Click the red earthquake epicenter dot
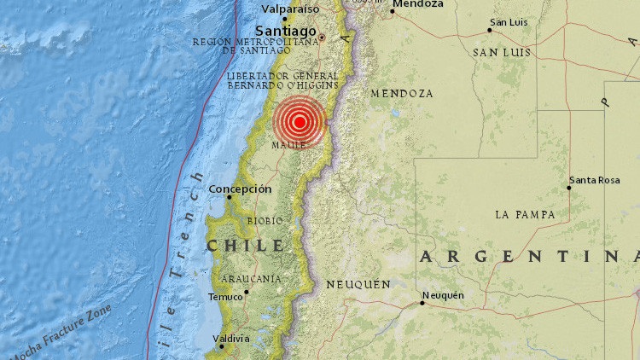pos(300,121)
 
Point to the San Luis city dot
pos(489,30)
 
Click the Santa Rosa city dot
pos(569,188)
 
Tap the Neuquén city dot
pos(422,302)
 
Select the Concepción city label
pos(240,189)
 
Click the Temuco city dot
pos(247,292)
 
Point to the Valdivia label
pos(230,339)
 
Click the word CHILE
pos(244,246)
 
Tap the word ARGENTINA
pos(529,256)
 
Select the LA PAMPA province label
pos(525,212)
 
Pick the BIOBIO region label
pos(265,221)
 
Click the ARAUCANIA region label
pos(252,279)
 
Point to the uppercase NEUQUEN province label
pos(358,284)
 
